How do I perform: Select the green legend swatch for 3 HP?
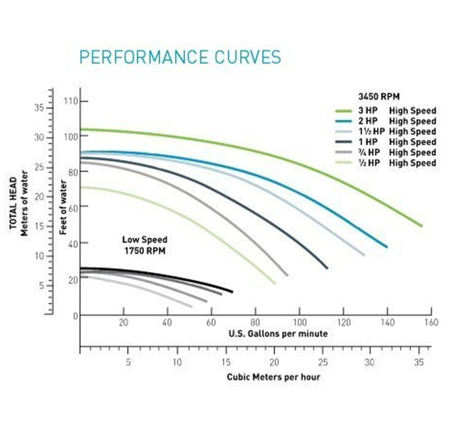pos(343,111)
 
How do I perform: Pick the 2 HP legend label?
pos(368,121)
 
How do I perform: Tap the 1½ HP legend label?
pos(371,132)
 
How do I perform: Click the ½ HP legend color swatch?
pos(343,163)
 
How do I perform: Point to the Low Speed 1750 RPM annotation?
pos(144,245)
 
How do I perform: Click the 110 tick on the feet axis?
pos(71,101)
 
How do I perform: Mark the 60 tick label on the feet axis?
pos(73,207)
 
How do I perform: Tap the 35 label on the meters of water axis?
pos(39,108)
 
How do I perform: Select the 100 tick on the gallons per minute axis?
pos(300,322)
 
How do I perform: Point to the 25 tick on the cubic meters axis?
pos(323,362)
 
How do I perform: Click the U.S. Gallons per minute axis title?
pos(278,334)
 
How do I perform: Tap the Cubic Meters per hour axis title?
pos(273,377)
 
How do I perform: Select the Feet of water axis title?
pos(63,207)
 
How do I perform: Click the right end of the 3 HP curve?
pos(421,226)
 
